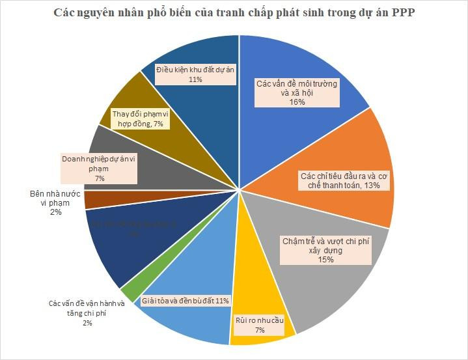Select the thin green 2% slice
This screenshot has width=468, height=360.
tap(130, 294)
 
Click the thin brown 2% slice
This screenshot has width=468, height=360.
tap(98, 200)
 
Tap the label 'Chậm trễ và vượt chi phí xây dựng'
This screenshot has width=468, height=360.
tap(325, 250)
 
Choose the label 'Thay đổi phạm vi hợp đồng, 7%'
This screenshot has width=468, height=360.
tap(141, 119)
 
